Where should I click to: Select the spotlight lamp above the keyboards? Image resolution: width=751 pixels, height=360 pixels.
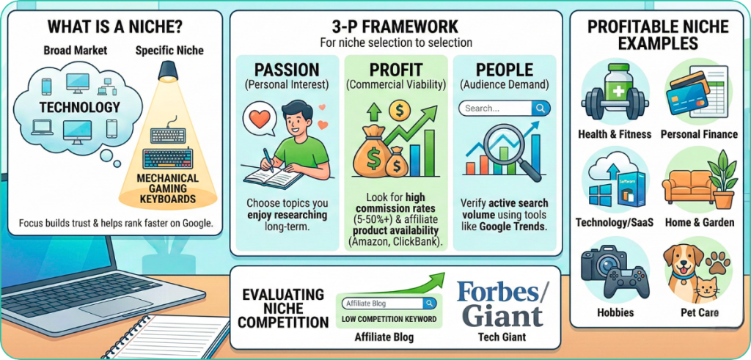(x=168, y=71)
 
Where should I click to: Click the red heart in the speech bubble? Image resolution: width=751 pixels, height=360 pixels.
(x=260, y=118)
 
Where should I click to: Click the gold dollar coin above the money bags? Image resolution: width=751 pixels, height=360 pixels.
(x=398, y=111)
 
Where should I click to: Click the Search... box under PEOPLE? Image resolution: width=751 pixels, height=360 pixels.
(x=505, y=109)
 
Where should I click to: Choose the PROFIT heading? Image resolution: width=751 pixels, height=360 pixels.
(x=395, y=70)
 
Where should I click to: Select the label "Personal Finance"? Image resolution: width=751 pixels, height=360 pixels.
(x=699, y=134)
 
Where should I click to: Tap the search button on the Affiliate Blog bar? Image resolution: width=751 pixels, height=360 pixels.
(x=430, y=304)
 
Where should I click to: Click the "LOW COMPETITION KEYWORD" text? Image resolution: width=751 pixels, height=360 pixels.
(x=389, y=320)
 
